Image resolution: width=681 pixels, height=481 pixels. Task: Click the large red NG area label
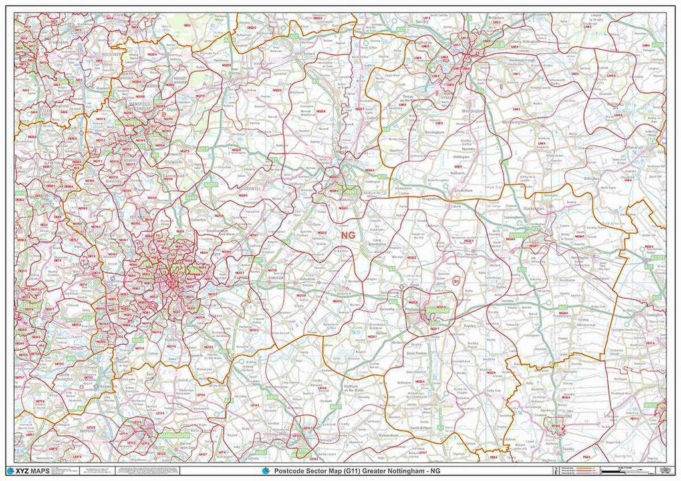tap(347, 235)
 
